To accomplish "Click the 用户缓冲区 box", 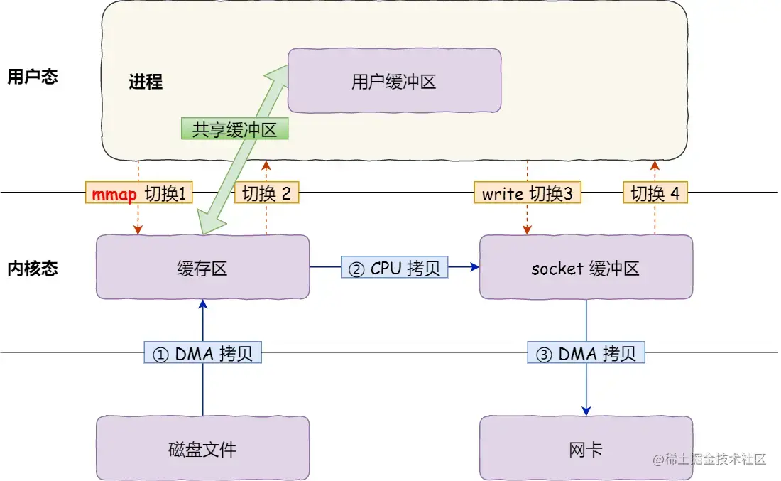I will click(x=394, y=81).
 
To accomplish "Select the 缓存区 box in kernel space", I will click(x=202, y=267).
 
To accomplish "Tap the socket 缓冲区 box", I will click(x=586, y=267).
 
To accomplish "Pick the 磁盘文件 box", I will click(x=202, y=448).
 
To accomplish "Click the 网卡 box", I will click(x=586, y=448).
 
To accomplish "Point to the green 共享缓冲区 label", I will click(x=235, y=129).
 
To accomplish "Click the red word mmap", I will click(x=114, y=193).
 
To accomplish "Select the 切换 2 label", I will click(x=266, y=193).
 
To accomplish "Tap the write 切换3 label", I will click(x=527, y=193).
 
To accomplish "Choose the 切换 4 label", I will click(x=655, y=193).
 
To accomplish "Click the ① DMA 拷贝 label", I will click(x=203, y=353).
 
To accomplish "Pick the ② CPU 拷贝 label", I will click(x=394, y=267).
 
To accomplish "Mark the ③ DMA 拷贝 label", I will click(x=586, y=353).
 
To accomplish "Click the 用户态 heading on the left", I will click(x=32, y=77).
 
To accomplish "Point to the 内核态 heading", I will click(x=32, y=269).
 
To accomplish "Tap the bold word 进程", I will click(x=146, y=82).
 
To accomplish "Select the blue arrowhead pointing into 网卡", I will click(x=586, y=410).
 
